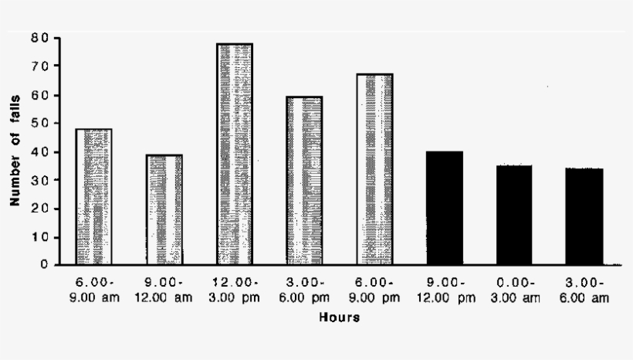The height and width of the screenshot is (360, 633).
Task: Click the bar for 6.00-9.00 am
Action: pyautogui.click(x=93, y=197)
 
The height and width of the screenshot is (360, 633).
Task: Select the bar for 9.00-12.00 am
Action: pyautogui.click(x=164, y=209)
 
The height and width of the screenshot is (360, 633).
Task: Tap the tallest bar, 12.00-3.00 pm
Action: pyautogui.click(x=234, y=154)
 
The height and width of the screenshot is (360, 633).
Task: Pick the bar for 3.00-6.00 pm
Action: pyautogui.click(x=304, y=181)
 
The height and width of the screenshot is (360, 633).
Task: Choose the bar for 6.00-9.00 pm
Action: pyautogui.click(x=374, y=169)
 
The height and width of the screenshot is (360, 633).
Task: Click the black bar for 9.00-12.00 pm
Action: pyautogui.click(x=445, y=208)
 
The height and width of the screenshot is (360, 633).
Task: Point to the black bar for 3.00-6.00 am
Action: pyautogui.click(x=584, y=216)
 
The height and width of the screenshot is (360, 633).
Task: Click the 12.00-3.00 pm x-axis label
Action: pyautogui.click(x=234, y=288)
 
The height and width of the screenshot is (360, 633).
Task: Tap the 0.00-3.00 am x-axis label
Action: pyautogui.click(x=514, y=288)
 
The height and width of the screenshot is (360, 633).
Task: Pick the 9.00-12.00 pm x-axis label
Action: pyautogui.click(x=445, y=288)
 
